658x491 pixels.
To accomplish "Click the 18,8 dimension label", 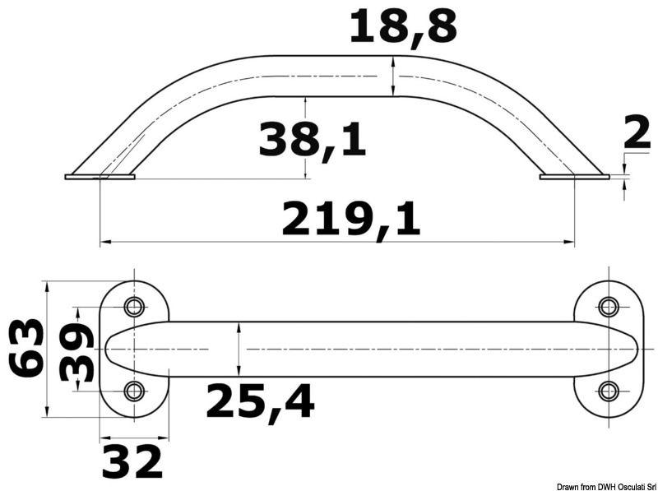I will (x=402, y=27).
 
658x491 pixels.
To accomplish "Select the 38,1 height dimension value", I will (x=312, y=139).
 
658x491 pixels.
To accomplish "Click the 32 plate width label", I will (x=132, y=461).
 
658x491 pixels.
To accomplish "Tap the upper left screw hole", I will (x=133, y=308).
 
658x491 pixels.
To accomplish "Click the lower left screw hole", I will (x=133, y=391).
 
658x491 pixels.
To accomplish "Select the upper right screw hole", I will (x=609, y=308).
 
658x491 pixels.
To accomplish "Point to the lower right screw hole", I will (x=609, y=391).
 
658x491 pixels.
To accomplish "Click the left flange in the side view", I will (x=100, y=176).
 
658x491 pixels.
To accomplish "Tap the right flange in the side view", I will (x=575, y=176).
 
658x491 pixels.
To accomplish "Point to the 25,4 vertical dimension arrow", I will (x=239, y=349).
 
